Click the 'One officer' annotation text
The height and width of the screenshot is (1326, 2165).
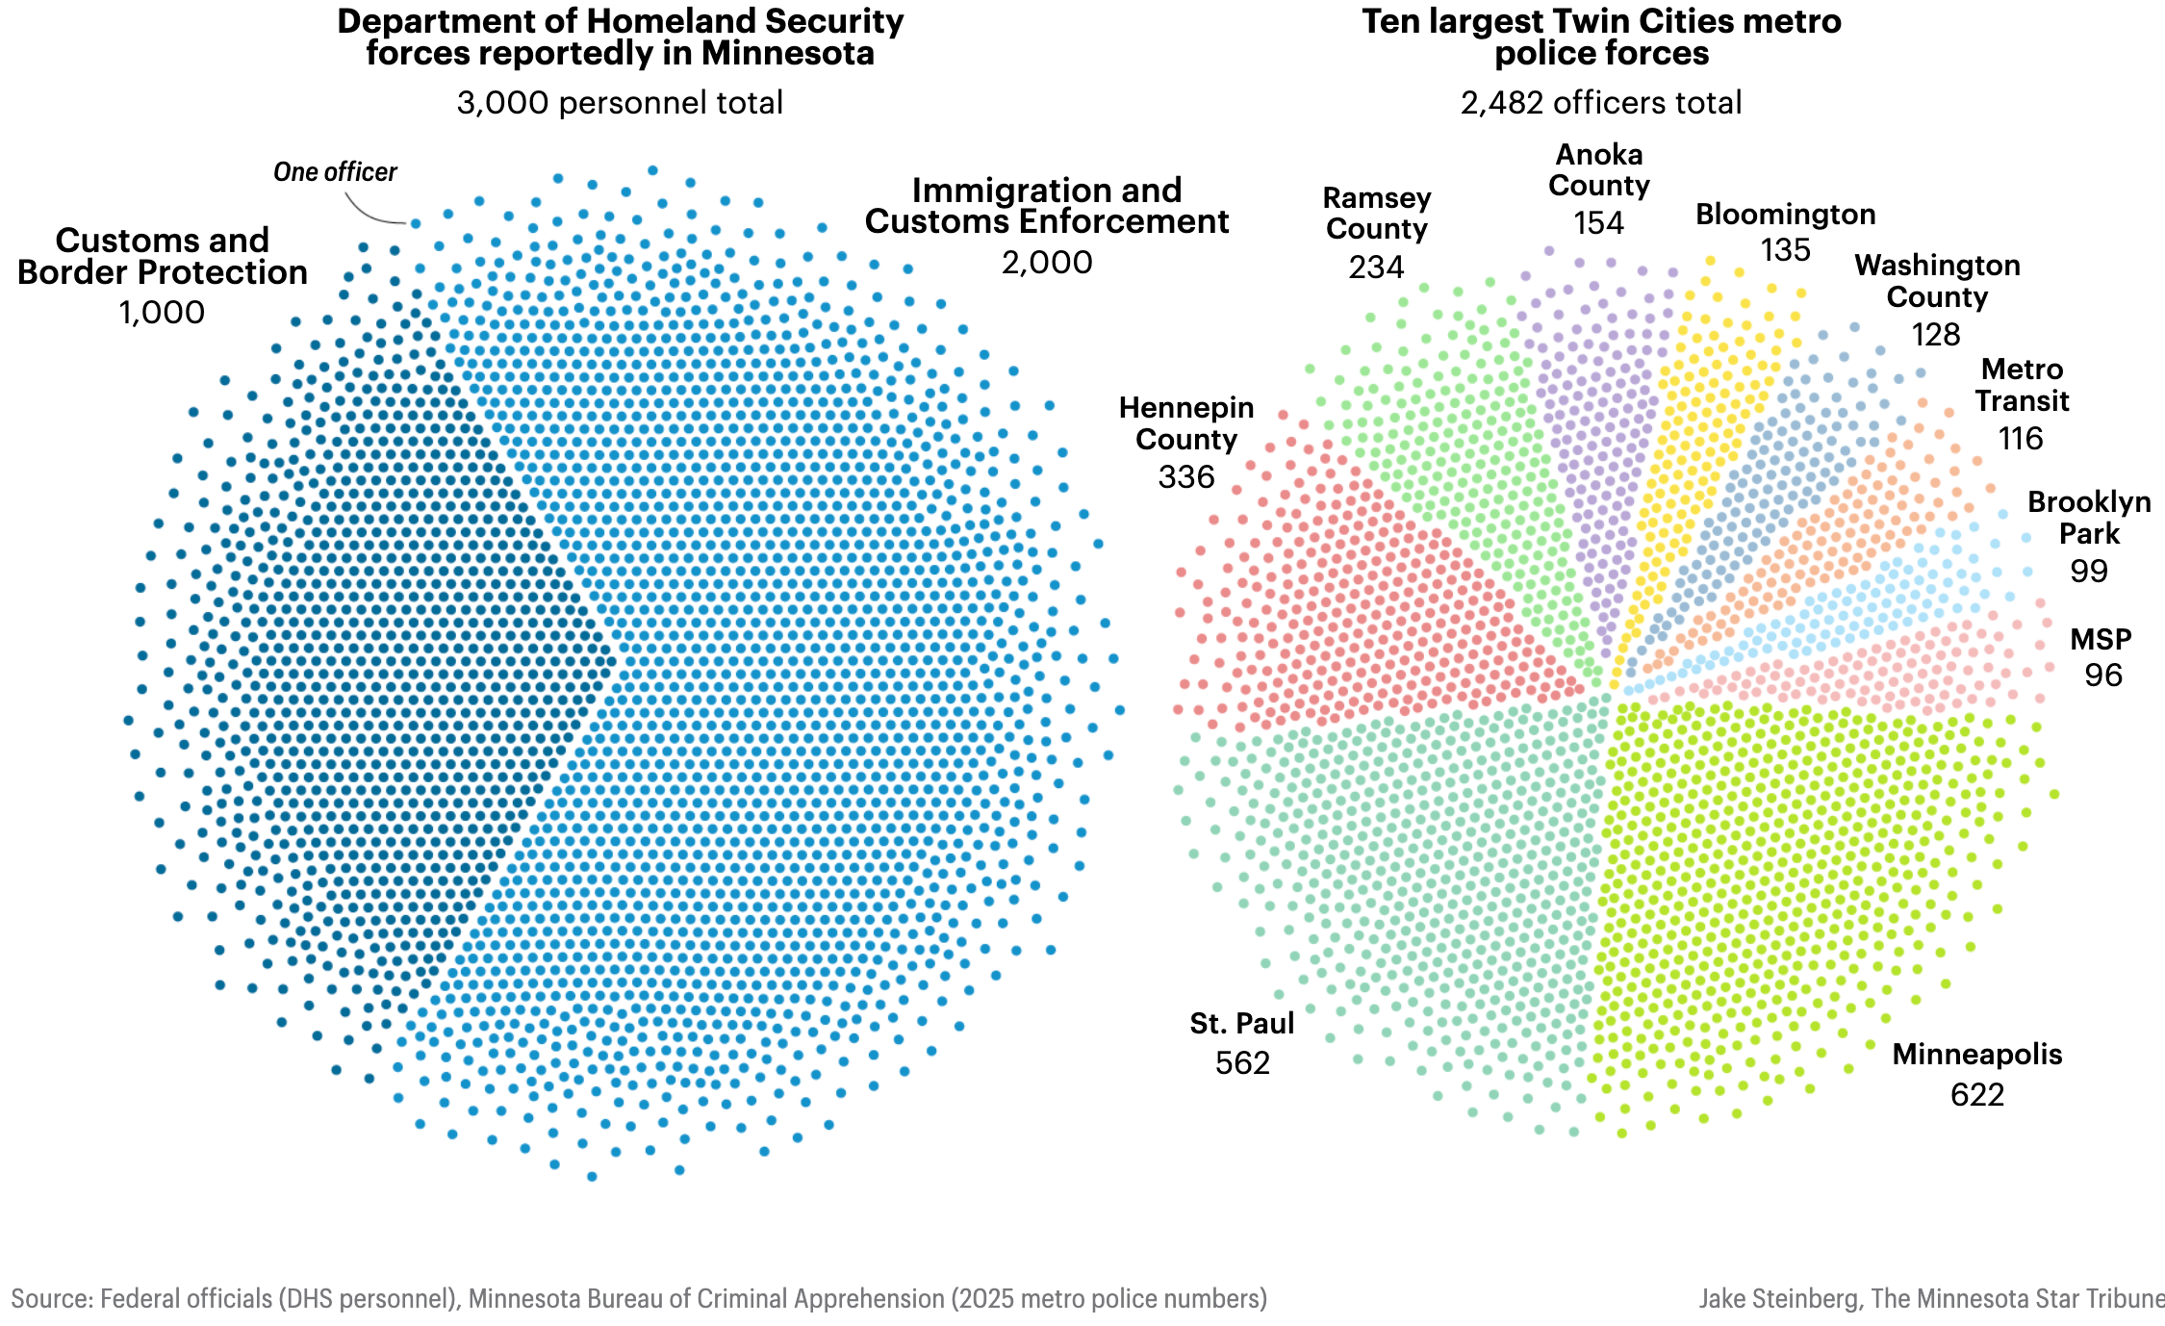[x=335, y=172]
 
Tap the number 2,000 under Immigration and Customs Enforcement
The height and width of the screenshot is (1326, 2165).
[x=1047, y=263]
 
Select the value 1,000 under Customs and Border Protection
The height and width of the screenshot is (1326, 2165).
[x=162, y=313]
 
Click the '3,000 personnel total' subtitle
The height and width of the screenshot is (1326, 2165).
[x=620, y=103]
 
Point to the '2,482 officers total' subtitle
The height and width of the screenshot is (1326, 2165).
[x=1601, y=103]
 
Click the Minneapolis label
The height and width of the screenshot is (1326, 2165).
[x=1976, y=1055]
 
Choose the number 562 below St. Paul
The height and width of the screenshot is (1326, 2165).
[x=1242, y=1063]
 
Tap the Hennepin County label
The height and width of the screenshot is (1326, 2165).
[x=1186, y=423]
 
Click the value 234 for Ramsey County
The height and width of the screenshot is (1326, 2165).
[x=1376, y=268]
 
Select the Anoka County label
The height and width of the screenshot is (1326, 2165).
[x=1599, y=170]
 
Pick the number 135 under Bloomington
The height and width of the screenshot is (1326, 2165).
[x=1785, y=250]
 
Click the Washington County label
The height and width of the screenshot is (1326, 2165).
[x=1937, y=281]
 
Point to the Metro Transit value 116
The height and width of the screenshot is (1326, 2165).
[x=2020, y=439]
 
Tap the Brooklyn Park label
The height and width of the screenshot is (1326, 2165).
[x=2089, y=518]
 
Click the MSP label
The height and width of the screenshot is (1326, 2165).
[x=2101, y=640]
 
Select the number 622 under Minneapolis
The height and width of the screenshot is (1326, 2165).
[x=1976, y=1095]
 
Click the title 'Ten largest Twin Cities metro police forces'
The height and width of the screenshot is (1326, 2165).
[x=1601, y=37]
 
